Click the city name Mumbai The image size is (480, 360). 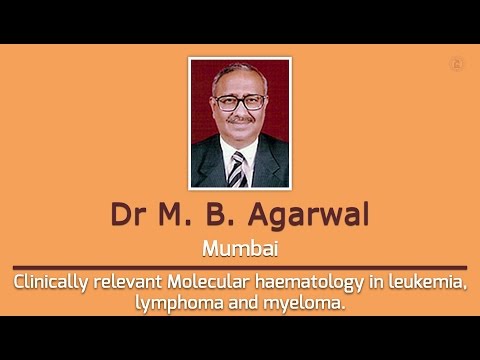[240, 247]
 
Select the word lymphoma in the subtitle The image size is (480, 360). [172, 302]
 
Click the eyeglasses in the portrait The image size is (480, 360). [239, 102]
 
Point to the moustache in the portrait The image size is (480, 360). [239, 120]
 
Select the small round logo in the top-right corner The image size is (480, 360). [456, 64]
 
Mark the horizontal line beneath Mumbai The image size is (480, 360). [240, 267]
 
